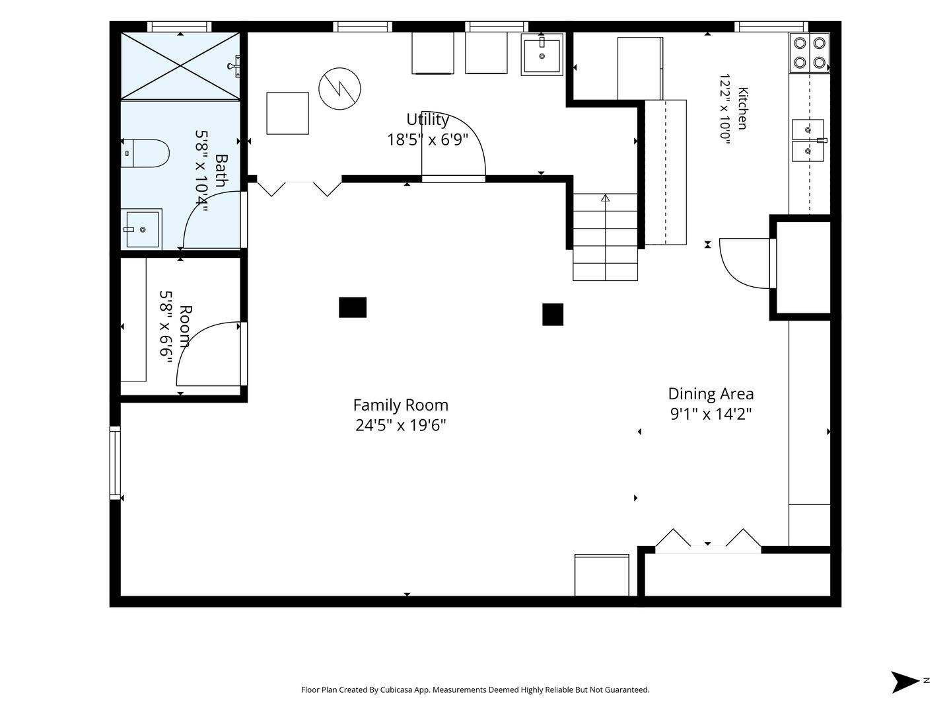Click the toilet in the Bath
[145, 153]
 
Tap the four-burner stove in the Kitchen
[809, 53]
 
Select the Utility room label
[427, 119]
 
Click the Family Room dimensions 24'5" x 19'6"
[401, 425]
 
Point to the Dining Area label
[711, 393]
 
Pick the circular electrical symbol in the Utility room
[339, 89]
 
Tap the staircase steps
[605, 237]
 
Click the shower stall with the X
[180, 66]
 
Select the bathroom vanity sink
[141, 229]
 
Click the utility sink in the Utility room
[542, 55]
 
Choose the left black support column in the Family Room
[353, 307]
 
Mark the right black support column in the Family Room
[553, 314]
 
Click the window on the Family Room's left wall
[115, 463]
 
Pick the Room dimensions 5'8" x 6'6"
[166, 323]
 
